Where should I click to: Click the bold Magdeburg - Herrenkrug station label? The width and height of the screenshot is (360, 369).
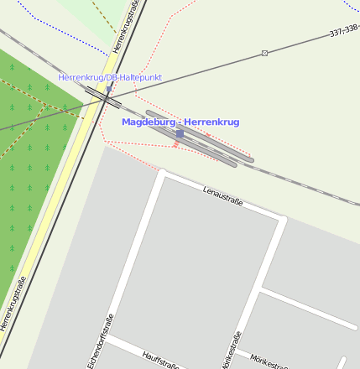point(180,122)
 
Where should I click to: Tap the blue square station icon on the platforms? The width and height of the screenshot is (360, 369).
point(180,133)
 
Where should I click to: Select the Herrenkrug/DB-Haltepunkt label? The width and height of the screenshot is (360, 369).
point(110,77)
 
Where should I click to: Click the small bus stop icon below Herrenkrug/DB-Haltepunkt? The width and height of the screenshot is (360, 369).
point(109,87)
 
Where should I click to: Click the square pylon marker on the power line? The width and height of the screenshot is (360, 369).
point(265,53)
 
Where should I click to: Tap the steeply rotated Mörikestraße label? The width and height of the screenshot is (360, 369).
point(232,350)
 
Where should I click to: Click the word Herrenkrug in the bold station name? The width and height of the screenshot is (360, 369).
point(212,122)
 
